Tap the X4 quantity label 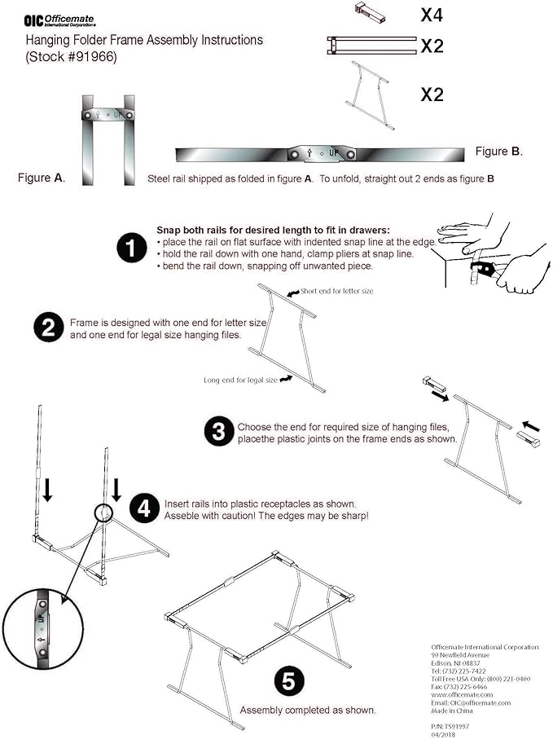[x=432, y=14]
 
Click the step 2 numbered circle [x=48, y=328]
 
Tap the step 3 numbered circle [x=218, y=432]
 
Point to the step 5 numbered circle [x=289, y=680]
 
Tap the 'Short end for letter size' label [x=336, y=291]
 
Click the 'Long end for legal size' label [x=241, y=380]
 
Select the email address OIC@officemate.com [x=471, y=702]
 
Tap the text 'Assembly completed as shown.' [x=307, y=710]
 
